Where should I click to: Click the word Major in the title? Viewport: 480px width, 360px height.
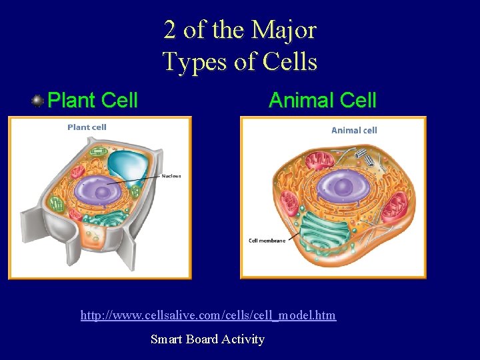pyautogui.click(x=283, y=30)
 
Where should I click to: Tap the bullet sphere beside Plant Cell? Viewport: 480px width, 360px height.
pyautogui.click(x=37, y=101)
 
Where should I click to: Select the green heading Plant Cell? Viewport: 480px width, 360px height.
pyautogui.click(x=93, y=101)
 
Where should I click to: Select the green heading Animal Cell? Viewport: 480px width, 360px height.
pyautogui.click(x=322, y=101)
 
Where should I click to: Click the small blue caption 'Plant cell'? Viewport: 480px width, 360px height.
pyautogui.click(x=87, y=127)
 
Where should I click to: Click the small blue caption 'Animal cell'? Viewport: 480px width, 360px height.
pyautogui.click(x=354, y=130)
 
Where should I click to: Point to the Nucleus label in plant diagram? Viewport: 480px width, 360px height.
pyautogui.click(x=171, y=176)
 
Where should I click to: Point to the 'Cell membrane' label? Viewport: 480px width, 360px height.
pyautogui.click(x=267, y=241)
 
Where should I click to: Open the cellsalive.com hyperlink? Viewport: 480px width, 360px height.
pyautogui.click(x=208, y=315)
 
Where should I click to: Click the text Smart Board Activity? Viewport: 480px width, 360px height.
pyautogui.click(x=207, y=339)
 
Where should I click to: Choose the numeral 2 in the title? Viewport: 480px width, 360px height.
pyautogui.click(x=170, y=30)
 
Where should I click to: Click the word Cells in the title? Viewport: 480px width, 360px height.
pyautogui.click(x=290, y=61)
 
